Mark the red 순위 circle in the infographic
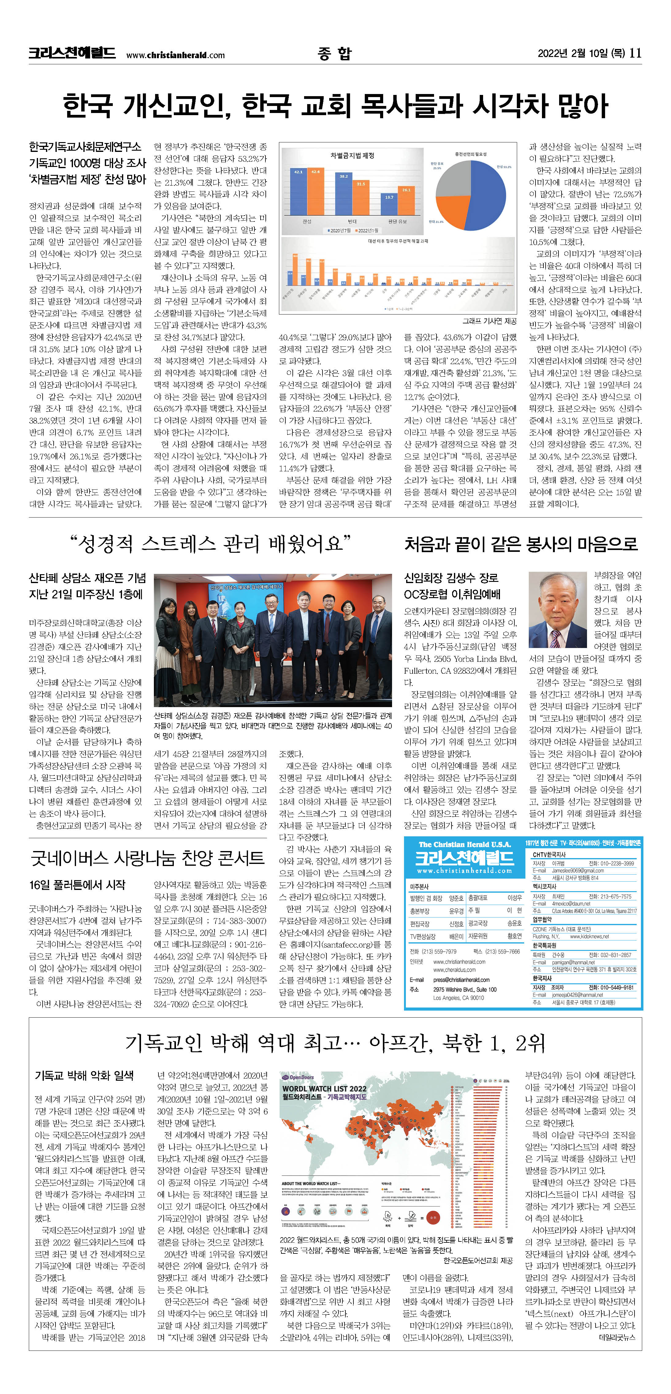click(x=433, y=1218)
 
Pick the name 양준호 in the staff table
click(x=456, y=898)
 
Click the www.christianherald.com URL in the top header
click(x=175, y=55)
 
